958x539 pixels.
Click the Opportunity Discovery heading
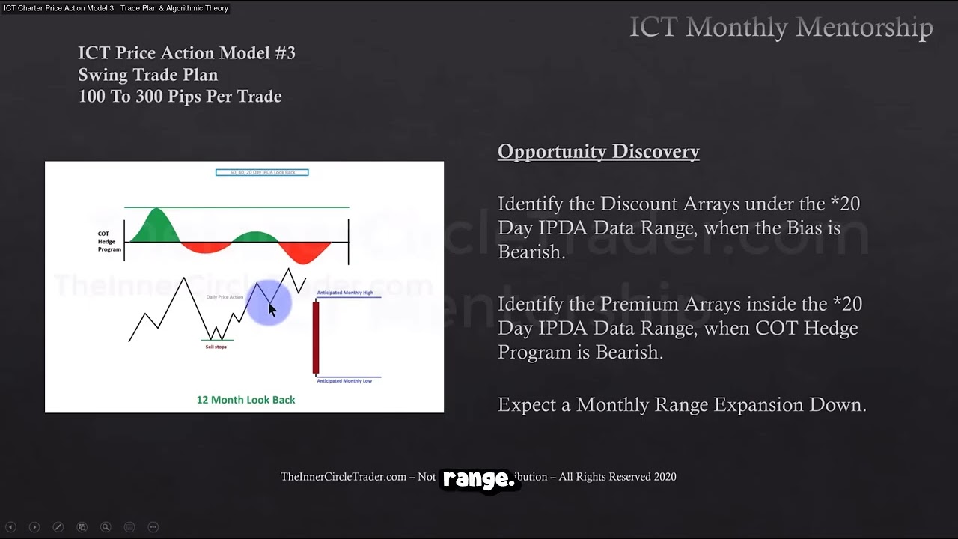598,151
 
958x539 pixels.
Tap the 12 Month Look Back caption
245,400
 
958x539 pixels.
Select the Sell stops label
216,347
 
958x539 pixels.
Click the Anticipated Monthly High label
344,293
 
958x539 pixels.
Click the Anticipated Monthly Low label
344,380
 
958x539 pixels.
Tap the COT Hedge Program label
109,241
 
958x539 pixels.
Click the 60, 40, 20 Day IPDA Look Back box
262,172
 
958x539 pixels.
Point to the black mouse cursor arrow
272,309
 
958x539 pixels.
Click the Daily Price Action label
225,297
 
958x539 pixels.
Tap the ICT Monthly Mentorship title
781,28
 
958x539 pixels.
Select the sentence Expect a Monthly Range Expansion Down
682,405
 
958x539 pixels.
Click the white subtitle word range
478,479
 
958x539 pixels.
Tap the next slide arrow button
34,527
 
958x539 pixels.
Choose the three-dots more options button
153,527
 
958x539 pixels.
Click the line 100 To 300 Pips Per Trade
180,97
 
